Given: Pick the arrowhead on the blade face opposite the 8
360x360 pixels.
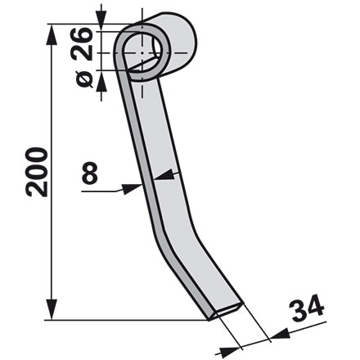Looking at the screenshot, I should [x=164, y=173].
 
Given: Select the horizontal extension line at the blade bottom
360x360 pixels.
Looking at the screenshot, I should [x=123, y=319].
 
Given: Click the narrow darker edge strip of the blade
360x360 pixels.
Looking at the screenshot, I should [x=139, y=164].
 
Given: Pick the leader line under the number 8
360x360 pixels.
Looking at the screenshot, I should [x=102, y=191].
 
